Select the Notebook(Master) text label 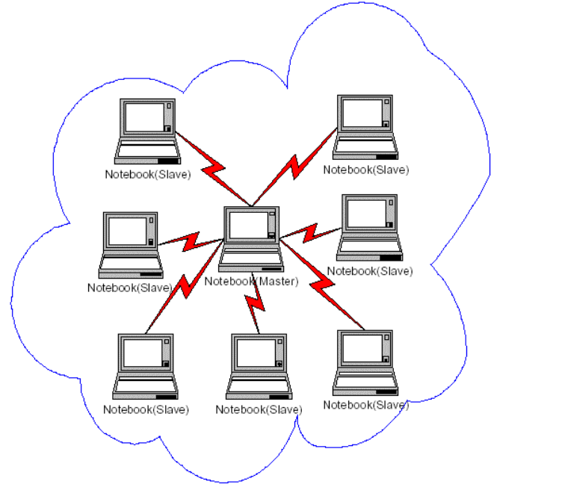tap(251, 282)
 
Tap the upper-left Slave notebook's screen tap(144, 117)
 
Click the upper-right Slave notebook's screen tap(362, 113)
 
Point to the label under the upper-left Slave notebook tap(148, 175)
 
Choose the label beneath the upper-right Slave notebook tap(366, 170)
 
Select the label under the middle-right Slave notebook tap(369, 271)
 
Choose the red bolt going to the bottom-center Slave tap(255, 302)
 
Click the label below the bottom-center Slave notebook tap(259, 410)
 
